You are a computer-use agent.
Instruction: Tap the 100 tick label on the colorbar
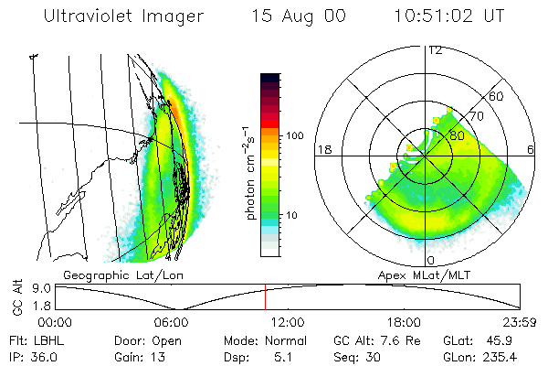click(x=293, y=135)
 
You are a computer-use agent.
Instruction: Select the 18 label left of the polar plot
click(x=322, y=149)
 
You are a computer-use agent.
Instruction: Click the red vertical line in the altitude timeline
click(x=265, y=296)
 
